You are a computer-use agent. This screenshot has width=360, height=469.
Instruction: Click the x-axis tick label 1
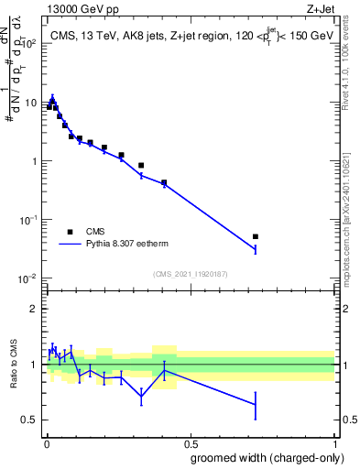[x=336, y=442]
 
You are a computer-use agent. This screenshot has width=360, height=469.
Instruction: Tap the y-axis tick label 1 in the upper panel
[x=33, y=161]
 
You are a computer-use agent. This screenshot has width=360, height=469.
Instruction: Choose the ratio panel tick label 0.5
[x=28, y=420]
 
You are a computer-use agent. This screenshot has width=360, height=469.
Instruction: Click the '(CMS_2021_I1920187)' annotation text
[x=190, y=273]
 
